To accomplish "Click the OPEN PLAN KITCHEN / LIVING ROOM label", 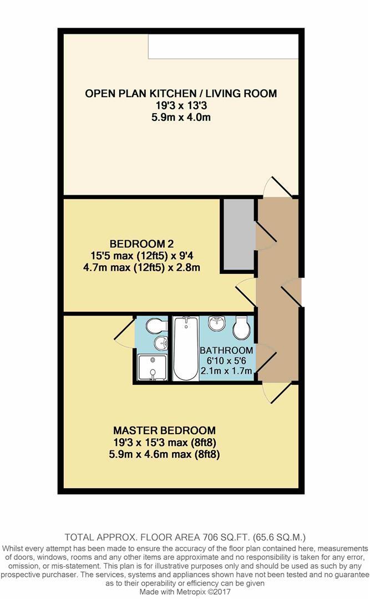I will click(180, 93).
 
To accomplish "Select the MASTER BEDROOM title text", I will click(164, 430).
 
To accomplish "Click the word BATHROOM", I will click(226, 351).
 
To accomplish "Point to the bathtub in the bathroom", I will click(185, 348).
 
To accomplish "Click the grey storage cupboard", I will click(237, 234).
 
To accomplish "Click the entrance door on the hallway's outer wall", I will click(291, 290).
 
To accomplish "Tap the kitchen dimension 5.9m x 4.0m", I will click(180, 118).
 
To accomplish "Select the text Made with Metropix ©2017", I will click(185, 591).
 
